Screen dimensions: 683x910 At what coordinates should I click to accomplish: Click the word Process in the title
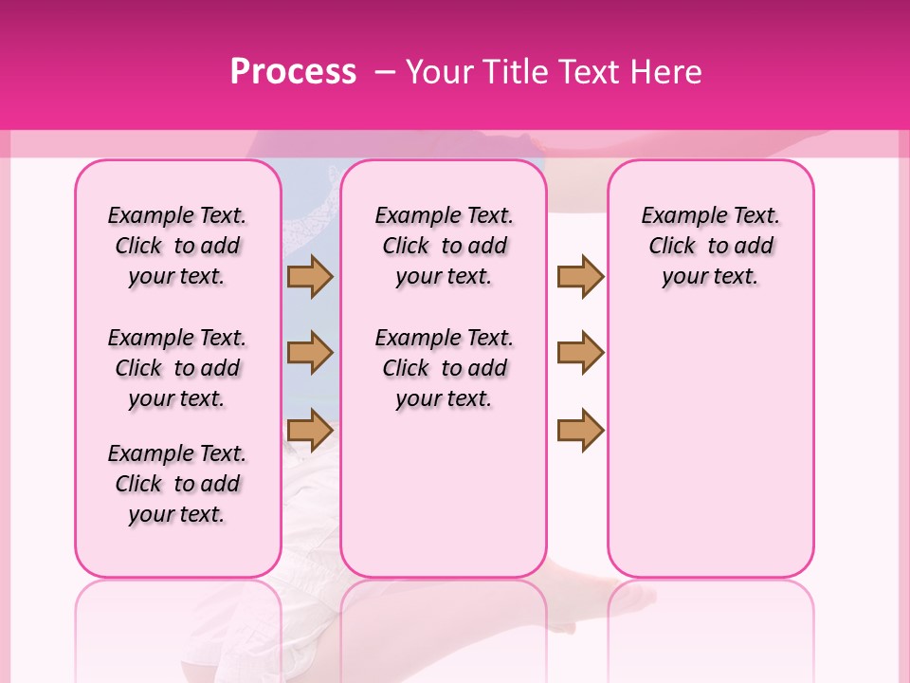point(293,71)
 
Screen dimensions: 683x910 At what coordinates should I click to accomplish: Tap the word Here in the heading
point(668,71)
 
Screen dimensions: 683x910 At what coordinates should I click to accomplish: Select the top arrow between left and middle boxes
point(310,277)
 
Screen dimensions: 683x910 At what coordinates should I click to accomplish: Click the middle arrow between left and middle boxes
point(310,353)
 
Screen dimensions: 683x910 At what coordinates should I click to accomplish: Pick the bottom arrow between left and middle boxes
point(310,430)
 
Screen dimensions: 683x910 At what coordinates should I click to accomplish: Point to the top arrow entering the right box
point(580,277)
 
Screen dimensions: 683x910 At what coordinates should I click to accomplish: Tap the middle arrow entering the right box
point(580,353)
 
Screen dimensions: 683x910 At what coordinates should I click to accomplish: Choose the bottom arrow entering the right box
point(580,430)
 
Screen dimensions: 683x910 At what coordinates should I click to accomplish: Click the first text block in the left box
point(177,246)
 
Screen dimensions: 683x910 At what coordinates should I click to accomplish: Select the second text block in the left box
point(177,368)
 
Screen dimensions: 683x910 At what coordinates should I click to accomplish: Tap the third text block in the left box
point(177,484)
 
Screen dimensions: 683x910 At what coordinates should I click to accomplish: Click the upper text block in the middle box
point(445,246)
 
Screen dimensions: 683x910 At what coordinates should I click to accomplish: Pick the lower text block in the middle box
point(445,368)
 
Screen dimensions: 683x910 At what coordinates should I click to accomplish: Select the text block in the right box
point(711,246)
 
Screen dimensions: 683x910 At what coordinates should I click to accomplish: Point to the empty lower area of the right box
point(711,446)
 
